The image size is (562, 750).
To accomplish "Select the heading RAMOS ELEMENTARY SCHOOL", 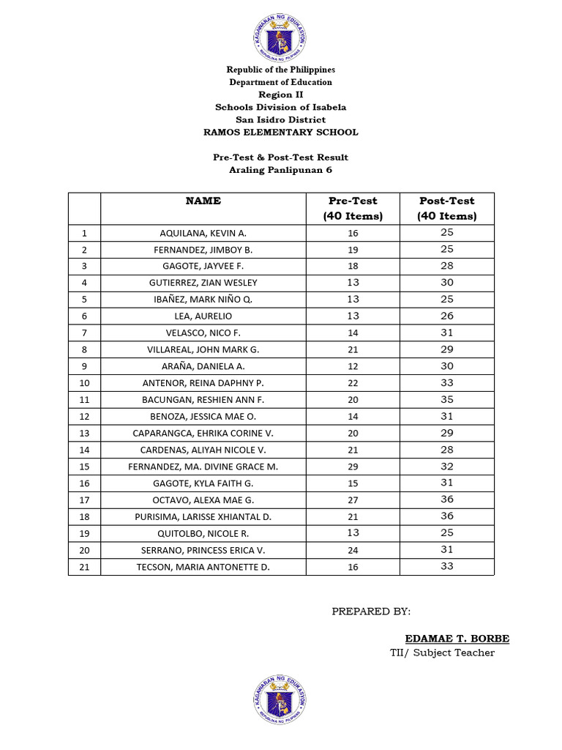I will [280, 133].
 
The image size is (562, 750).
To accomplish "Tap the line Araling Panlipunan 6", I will [280, 170].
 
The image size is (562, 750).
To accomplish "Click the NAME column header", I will [203, 201].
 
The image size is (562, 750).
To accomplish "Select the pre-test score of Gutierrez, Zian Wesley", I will [353, 283].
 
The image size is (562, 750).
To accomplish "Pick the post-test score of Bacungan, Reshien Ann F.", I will [447, 399].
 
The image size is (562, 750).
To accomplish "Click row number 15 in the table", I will [84, 467].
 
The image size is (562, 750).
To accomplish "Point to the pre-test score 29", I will [353, 467].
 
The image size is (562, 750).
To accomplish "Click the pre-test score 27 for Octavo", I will [353, 500].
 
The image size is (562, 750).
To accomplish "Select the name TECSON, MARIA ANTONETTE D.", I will [203, 567].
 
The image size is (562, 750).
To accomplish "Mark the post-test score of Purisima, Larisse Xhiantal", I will [447, 516].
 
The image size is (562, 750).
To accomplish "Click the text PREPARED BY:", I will [371, 612].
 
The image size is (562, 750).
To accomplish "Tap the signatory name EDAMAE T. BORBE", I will [457, 639].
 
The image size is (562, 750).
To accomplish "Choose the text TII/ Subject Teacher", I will [442, 653].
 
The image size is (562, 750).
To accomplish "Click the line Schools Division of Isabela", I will [280, 107].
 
